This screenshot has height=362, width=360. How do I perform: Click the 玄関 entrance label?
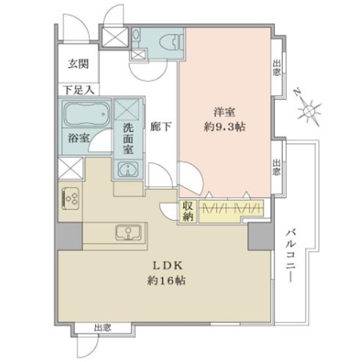pyautogui.click(x=78, y=64)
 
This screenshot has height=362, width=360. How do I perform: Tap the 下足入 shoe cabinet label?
pyautogui.click(x=78, y=90)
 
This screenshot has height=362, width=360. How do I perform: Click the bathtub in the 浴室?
pyautogui.click(x=86, y=113)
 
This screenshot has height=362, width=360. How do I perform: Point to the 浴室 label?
pyautogui.click(x=78, y=139)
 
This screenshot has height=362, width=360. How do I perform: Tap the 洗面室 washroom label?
pyautogui.click(x=128, y=139)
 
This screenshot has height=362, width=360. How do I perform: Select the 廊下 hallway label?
pyautogui.click(x=161, y=127)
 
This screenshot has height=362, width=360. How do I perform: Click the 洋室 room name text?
pyautogui.click(x=225, y=112)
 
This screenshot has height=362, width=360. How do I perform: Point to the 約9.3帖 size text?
pyautogui.click(x=225, y=127)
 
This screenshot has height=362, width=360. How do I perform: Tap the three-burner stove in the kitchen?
pyautogui.click(x=71, y=198)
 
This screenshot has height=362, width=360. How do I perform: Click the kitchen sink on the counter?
pyautogui.click(x=128, y=232)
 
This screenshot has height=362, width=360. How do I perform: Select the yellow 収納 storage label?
pyautogui.click(x=189, y=211)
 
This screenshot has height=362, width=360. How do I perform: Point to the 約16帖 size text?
pyautogui.click(x=166, y=280)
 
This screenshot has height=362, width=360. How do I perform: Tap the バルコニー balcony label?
pyautogui.click(x=291, y=256)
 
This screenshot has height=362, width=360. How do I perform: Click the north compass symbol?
pyautogui.click(x=307, y=109)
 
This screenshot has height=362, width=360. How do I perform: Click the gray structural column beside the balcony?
pyautogui.click(x=261, y=236)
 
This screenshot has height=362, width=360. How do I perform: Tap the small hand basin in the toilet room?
pyautogui.click(x=136, y=35)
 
